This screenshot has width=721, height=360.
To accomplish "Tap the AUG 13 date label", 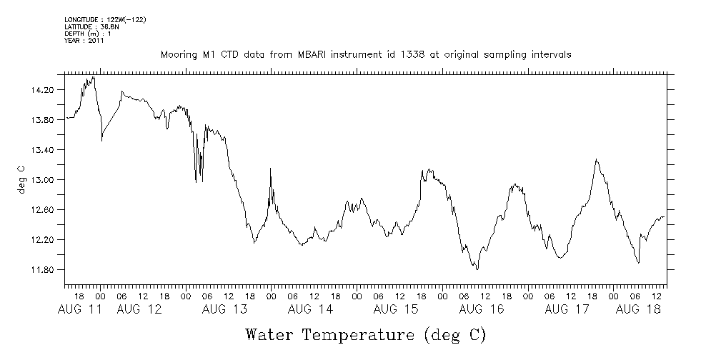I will point(224,309).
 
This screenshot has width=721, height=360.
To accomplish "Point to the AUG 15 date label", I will point(395,309).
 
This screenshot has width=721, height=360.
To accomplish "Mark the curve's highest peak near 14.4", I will point(94,76).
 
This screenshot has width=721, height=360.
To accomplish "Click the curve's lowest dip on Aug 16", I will point(476,269).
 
